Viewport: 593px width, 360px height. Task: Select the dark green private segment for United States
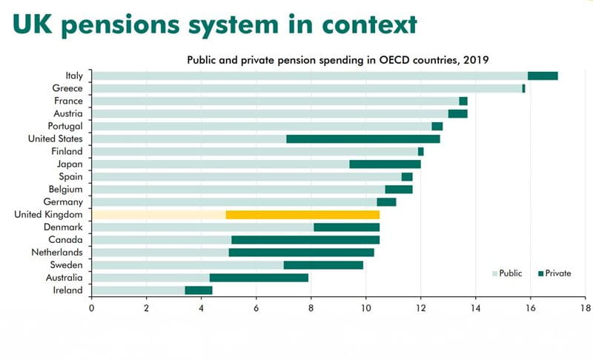click(363, 139)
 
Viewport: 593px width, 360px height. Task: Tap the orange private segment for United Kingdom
click(302, 215)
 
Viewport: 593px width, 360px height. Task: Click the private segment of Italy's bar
click(543, 76)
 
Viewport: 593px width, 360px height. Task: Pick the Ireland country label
click(67, 290)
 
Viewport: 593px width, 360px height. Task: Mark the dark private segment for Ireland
click(199, 290)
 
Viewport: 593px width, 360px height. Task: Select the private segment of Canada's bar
click(305, 240)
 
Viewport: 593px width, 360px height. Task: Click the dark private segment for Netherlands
click(302, 253)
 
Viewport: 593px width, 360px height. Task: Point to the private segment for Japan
click(385, 164)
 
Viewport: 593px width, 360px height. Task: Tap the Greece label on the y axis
click(67, 88)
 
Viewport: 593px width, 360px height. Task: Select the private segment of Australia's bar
click(259, 278)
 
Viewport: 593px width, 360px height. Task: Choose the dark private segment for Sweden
click(323, 265)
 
